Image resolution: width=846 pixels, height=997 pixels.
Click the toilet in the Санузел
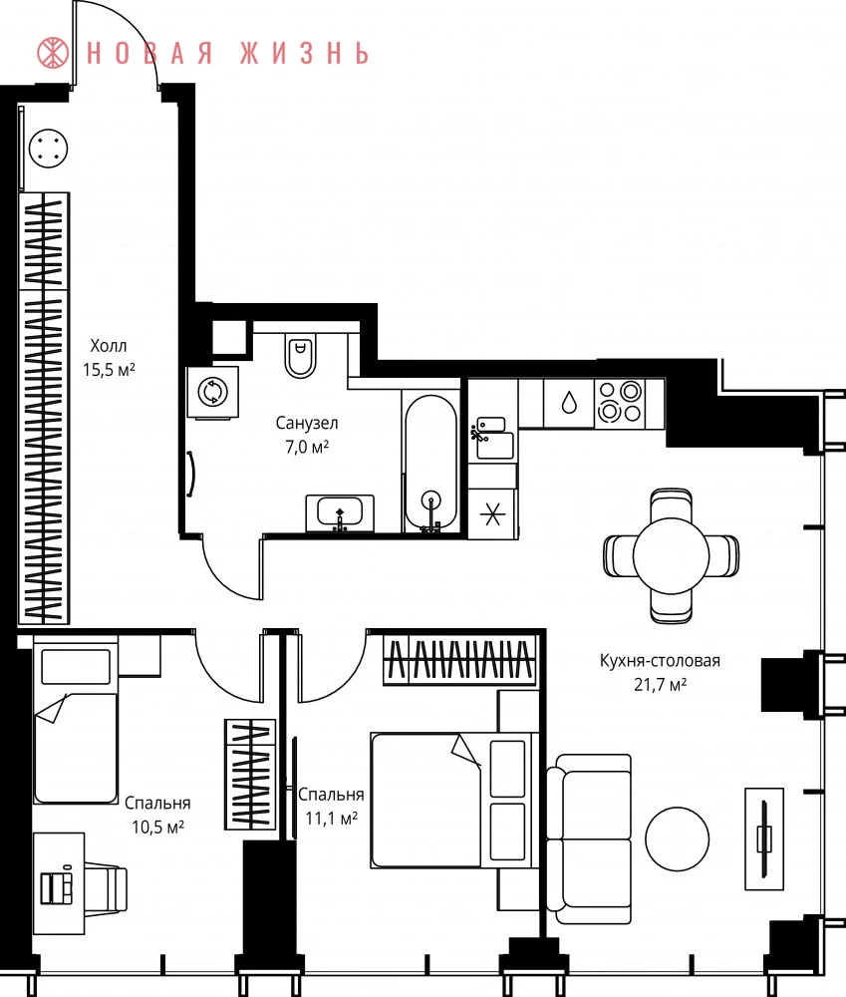tap(300, 355)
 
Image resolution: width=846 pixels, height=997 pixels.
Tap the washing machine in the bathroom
tap(212, 392)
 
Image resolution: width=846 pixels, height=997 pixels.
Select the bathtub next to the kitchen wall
tap(430, 463)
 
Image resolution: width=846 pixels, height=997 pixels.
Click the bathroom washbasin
tap(340, 512)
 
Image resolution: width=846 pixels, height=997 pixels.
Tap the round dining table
tap(672, 555)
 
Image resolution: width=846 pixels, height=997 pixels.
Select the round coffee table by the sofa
tap(677, 838)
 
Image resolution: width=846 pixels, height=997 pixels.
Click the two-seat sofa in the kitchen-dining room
tap(589, 839)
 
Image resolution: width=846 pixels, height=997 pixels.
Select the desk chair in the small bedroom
tap(106, 883)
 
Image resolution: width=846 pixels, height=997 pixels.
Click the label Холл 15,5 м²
tap(109, 358)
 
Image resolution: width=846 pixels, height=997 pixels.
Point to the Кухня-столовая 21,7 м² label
tap(660, 672)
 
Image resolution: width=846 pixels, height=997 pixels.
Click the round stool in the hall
tap(48, 149)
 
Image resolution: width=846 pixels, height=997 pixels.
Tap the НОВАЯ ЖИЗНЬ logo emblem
tap(53, 52)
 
